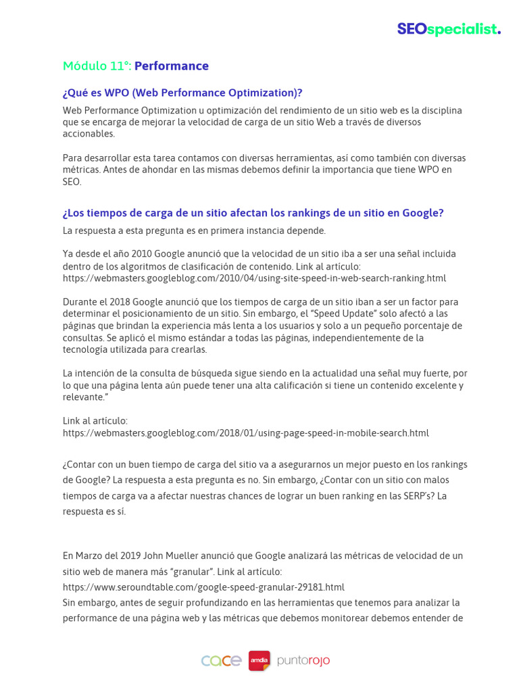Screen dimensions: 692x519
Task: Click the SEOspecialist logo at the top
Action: [x=448, y=29]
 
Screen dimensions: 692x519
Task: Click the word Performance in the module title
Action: [x=172, y=66]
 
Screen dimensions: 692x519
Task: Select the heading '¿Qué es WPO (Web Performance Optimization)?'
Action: [x=182, y=93]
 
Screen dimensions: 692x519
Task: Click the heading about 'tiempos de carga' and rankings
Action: [x=253, y=213]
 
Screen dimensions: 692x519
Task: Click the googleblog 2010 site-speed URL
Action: [x=254, y=278]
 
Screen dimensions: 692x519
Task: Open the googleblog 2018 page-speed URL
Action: [x=245, y=432]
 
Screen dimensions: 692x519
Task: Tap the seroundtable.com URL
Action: [x=203, y=587]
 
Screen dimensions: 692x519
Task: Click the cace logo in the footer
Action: [x=221, y=660]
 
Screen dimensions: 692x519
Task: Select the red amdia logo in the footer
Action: [x=259, y=660]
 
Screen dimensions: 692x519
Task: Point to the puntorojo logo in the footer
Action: [x=303, y=660]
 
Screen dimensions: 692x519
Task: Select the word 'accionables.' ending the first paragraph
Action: [x=89, y=134]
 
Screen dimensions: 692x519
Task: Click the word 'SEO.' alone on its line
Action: [x=72, y=182]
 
